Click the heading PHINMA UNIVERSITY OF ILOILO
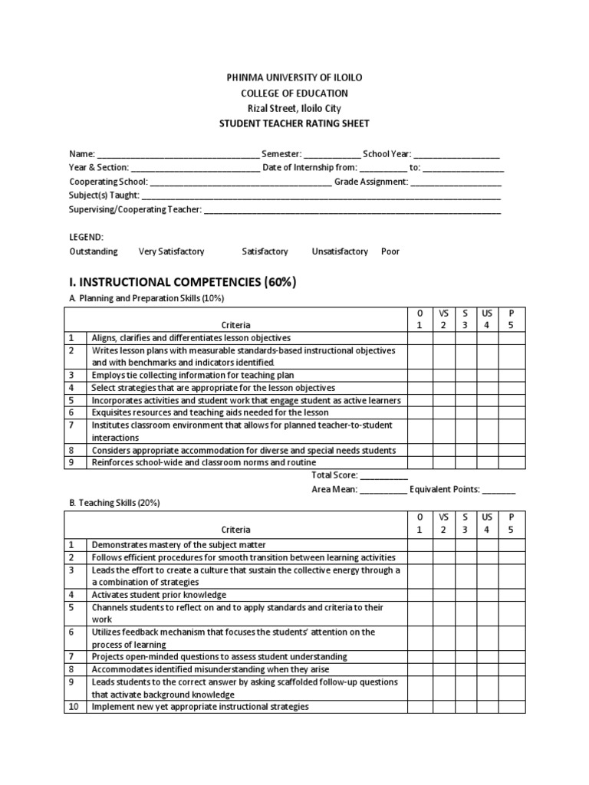point(295,78)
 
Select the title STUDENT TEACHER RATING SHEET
point(295,123)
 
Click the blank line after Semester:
point(332,154)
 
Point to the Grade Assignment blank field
point(456,182)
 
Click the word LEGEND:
point(87,237)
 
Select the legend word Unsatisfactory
point(340,251)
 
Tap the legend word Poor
point(390,251)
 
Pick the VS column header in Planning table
point(443,319)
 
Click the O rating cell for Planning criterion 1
point(420,337)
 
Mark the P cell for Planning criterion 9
point(512,463)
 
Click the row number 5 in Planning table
point(71,400)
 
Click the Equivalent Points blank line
point(499,489)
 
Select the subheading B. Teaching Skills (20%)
point(115,503)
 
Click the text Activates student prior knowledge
point(159,594)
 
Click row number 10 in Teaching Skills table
point(73,706)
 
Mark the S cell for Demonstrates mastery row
point(465,544)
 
